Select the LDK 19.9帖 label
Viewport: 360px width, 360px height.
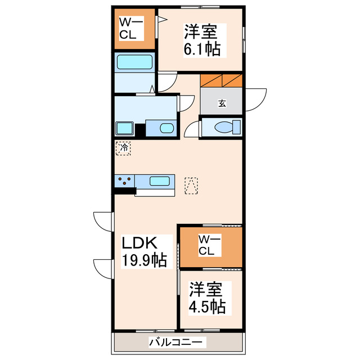(x=145, y=251)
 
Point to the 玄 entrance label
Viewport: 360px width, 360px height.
(x=222, y=103)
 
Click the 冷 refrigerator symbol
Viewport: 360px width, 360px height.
(x=123, y=148)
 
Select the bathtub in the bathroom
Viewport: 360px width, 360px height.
(x=134, y=62)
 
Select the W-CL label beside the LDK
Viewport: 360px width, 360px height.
(x=209, y=246)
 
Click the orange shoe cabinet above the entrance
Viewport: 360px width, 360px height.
(x=221, y=80)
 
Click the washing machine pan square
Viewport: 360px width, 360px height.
(x=124, y=128)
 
